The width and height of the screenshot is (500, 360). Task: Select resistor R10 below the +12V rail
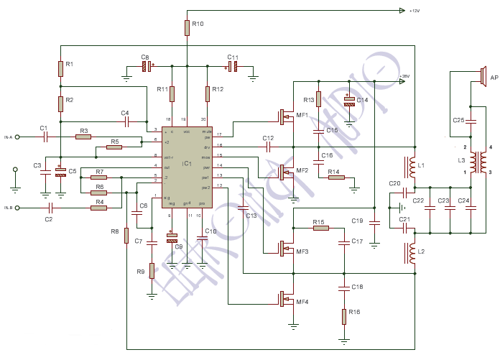tap(187, 28)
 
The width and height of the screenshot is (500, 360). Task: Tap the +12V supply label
tap(414, 11)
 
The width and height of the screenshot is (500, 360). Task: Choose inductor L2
tap(413, 253)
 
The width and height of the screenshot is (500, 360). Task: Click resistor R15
tap(320, 228)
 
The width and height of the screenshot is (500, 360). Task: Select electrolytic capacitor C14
tap(349, 101)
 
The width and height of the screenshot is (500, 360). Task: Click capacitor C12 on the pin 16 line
tap(267, 146)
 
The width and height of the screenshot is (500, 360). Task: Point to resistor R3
tap(84, 137)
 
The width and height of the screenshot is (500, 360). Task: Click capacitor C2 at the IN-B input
tap(48, 208)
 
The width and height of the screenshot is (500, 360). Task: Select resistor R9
tap(152, 272)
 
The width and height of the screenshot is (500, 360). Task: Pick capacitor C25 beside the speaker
tap(471, 120)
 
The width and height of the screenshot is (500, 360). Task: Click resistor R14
tap(336, 177)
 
